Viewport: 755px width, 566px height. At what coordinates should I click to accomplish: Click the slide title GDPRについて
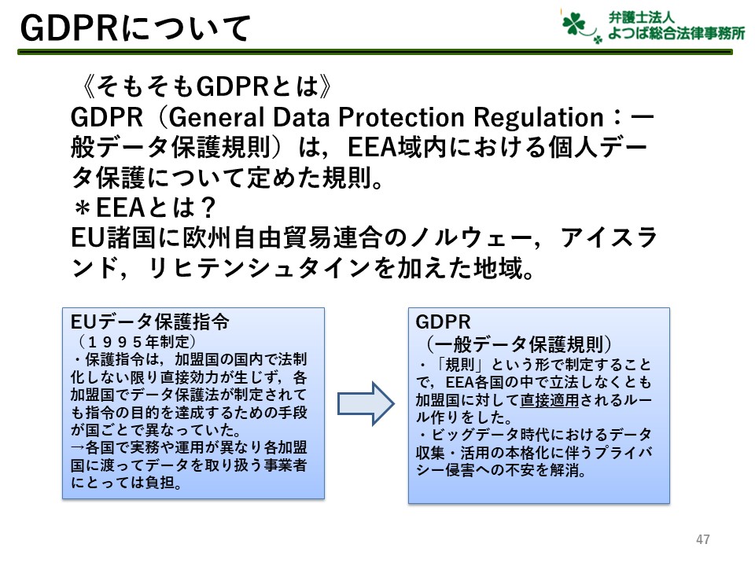tap(135, 28)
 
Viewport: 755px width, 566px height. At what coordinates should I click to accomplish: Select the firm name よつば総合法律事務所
tap(676, 33)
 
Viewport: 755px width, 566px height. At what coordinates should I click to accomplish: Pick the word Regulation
tap(538, 118)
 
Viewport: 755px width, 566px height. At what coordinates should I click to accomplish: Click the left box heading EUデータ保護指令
tap(150, 322)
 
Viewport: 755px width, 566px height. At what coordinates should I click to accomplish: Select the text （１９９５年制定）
tap(137, 342)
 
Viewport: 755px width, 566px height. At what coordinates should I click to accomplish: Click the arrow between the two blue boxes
tap(366, 403)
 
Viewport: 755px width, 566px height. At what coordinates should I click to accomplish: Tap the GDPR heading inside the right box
tap(443, 322)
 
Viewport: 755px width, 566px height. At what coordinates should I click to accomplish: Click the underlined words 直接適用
tap(550, 399)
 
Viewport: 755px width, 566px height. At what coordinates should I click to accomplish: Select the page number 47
tap(703, 539)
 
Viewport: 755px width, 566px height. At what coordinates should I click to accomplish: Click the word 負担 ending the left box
tap(160, 482)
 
